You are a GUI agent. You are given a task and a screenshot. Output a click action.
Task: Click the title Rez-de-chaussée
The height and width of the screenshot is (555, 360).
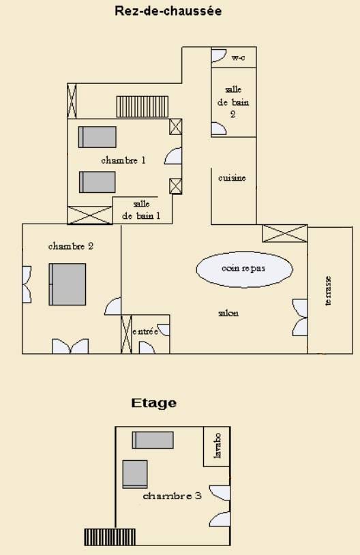pyautogui.click(x=168, y=11)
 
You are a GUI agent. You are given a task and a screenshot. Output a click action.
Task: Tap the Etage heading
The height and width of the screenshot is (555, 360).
pyautogui.click(x=154, y=403)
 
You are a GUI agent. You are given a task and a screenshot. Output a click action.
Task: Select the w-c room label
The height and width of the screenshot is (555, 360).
pyautogui.click(x=238, y=57)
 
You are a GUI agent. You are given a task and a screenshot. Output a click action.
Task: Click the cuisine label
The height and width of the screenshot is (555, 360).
pyautogui.click(x=232, y=178)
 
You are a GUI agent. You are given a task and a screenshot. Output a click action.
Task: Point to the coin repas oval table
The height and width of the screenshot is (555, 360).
pyautogui.click(x=245, y=269)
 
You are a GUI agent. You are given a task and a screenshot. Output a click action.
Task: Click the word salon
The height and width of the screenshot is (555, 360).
pyautogui.click(x=228, y=313)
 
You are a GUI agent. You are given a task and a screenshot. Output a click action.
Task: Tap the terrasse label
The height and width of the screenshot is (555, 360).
pyautogui.click(x=328, y=290)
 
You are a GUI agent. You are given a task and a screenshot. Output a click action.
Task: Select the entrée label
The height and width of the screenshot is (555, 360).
pyautogui.click(x=145, y=331)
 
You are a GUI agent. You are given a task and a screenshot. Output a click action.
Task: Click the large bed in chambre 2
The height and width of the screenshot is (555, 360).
pyautogui.click(x=67, y=284)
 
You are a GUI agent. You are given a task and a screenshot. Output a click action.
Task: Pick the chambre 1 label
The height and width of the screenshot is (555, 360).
pyautogui.click(x=123, y=160)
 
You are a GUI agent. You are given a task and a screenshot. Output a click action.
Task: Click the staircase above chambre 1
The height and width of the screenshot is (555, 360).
pyautogui.click(x=142, y=106)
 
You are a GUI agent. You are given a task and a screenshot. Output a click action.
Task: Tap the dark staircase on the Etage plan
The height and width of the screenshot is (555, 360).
pyautogui.click(x=110, y=537)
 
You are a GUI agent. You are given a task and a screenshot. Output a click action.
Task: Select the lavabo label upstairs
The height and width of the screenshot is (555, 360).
pyautogui.click(x=217, y=445)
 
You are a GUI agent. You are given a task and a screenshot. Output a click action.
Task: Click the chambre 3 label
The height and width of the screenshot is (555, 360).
pyautogui.click(x=172, y=496)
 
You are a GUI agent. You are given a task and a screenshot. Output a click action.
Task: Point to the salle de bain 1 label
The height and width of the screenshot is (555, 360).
pyautogui.click(x=141, y=210)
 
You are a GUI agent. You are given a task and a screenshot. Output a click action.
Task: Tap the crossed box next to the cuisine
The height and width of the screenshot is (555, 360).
pyautogui.click(x=284, y=233)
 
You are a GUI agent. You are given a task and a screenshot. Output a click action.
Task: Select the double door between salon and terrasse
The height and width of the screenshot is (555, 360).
pyautogui.click(x=300, y=317)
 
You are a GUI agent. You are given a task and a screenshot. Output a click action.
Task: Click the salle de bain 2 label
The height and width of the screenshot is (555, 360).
pyautogui.click(x=233, y=102)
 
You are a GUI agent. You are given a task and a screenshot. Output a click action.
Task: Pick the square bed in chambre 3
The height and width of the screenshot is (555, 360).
pyautogui.click(x=135, y=475)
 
